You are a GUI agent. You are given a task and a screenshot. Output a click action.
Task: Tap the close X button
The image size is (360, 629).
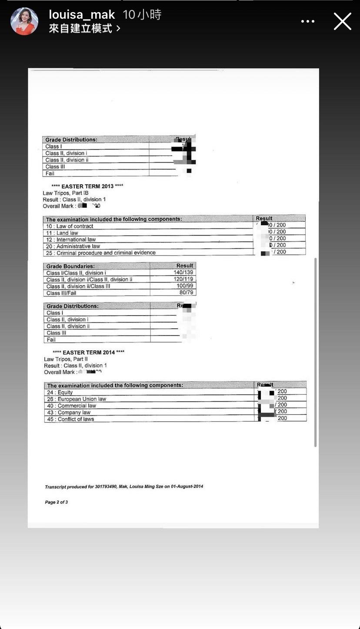pyautogui.click(x=342, y=21)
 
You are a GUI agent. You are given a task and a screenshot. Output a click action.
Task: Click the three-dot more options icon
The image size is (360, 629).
pyautogui.click(x=308, y=21)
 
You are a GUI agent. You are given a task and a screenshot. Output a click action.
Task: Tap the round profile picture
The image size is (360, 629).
pyautogui.click(x=24, y=21)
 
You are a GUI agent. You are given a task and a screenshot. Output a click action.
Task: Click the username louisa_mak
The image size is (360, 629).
pyautogui.click(x=82, y=15)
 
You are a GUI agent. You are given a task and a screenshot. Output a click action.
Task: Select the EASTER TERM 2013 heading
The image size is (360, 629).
pyautogui.click(x=87, y=186)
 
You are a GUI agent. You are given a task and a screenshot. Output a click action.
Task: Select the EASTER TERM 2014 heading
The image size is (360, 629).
pyautogui.click(x=88, y=352)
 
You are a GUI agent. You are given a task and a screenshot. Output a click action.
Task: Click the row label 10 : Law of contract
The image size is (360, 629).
pyautogui.click(x=70, y=226)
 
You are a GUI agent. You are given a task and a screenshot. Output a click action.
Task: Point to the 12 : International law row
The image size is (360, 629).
pyautogui.click(x=71, y=240)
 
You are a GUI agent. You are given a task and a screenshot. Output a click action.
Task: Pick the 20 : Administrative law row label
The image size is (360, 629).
pyautogui.click(x=73, y=246)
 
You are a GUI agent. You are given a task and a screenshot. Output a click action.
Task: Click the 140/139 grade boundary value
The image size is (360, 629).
pyautogui.click(x=183, y=273)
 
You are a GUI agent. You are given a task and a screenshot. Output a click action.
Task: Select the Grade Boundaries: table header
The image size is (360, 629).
pyautogui.click(x=70, y=266)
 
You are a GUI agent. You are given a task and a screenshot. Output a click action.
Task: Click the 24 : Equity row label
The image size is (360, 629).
pyautogui.click(x=60, y=393)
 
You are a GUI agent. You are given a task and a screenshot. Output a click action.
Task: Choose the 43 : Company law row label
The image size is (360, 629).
pyautogui.click(x=69, y=413)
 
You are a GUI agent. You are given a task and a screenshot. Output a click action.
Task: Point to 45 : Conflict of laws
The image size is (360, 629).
pyautogui.click(x=70, y=419)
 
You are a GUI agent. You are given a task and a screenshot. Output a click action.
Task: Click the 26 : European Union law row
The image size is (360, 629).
pyautogui.click(x=77, y=399)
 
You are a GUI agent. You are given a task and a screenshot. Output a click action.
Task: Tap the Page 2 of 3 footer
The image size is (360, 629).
pyautogui.click(x=57, y=502)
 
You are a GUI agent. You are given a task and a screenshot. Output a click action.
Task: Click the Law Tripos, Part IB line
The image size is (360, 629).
pyautogui.click(x=66, y=193)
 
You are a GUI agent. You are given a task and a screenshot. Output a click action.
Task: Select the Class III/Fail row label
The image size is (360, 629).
pyautogui.click(x=62, y=293)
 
